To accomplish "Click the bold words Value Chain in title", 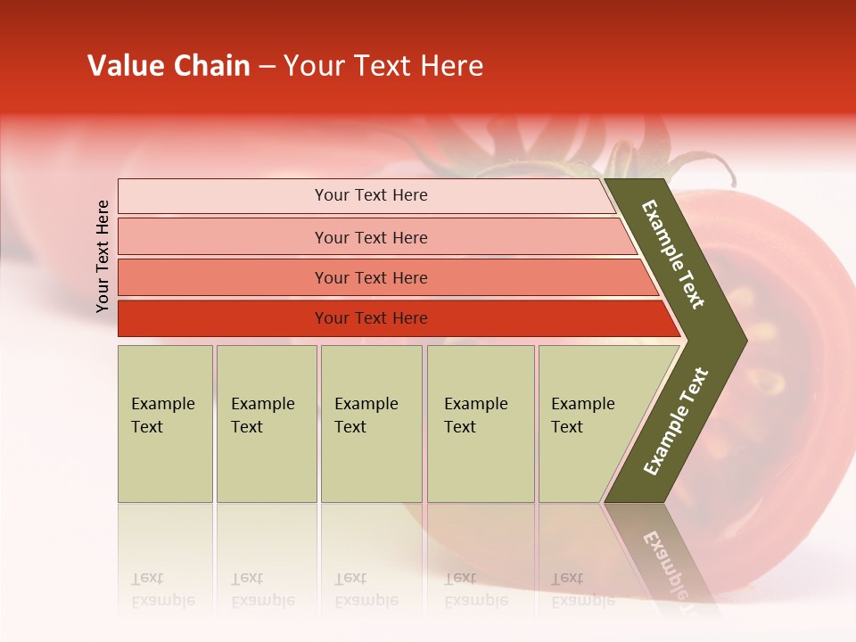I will pyautogui.click(x=169, y=66).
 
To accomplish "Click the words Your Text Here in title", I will pyautogui.click(x=383, y=66).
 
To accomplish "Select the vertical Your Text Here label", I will pyautogui.click(x=103, y=256).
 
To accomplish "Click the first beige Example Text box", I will pyautogui.click(x=165, y=424).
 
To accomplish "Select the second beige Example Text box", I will pyautogui.click(x=266, y=424).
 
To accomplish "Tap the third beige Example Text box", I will pyautogui.click(x=371, y=424).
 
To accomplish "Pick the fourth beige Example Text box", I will pyautogui.click(x=480, y=424).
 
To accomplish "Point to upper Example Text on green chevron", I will pyautogui.click(x=673, y=254).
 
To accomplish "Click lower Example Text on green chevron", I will pyautogui.click(x=675, y=421).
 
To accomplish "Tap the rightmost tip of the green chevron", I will pyautogui.click(x=745, y=341).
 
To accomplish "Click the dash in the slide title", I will pyautogui.click(x=267, y=67).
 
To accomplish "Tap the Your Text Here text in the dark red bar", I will pyautogui.click(x=371, y=318).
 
